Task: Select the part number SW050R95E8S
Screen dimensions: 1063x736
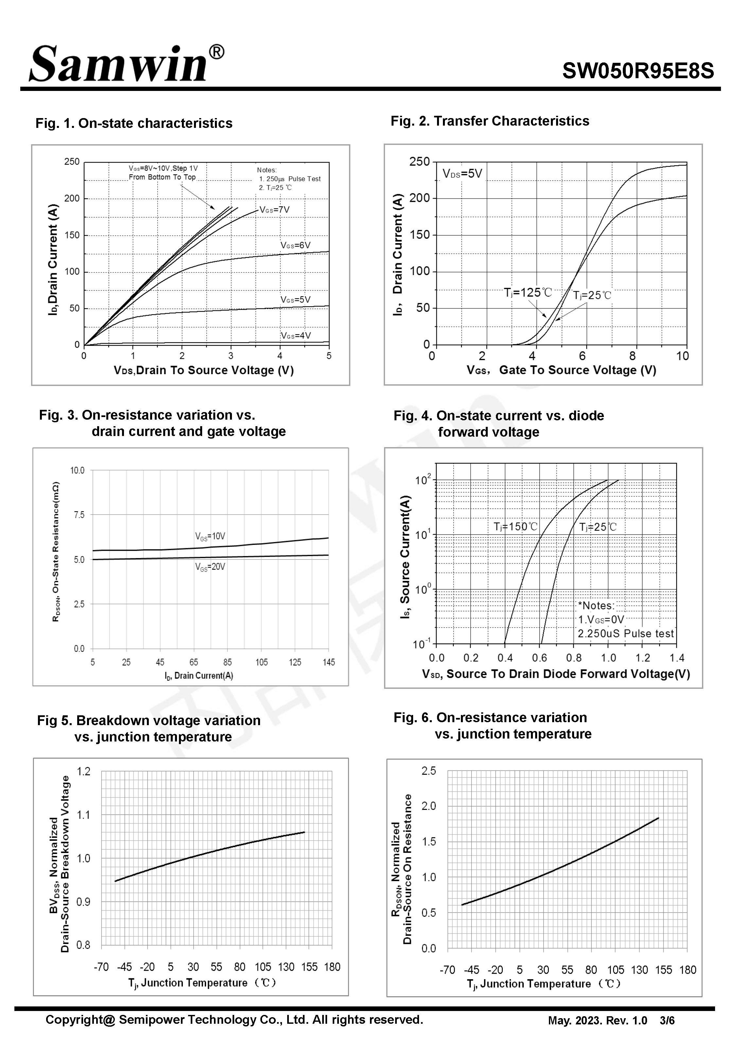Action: (x=638, y=71)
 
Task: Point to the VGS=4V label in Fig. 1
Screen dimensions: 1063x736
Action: (x=296, y=336)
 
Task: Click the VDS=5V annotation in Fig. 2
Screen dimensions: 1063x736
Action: (x=462, y=174)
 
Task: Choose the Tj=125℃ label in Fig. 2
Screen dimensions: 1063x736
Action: (x=528, y=293)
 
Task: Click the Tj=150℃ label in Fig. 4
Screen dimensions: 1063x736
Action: (x=516, y=526)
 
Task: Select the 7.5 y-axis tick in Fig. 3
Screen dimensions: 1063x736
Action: (x=79, y=515)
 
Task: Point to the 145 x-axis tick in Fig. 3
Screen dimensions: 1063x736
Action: (x=329, y=662)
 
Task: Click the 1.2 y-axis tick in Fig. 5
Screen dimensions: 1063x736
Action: (x=83, y=772)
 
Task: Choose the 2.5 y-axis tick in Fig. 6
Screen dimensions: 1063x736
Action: (x=429, y=771)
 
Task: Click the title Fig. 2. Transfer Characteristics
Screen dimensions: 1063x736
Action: (x=490, y=121)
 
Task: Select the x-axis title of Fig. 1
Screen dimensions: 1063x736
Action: (x=204, y=371)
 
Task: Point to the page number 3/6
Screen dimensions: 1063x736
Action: (x=667, y=1020)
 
